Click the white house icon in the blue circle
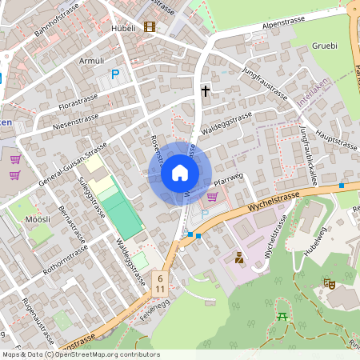180,173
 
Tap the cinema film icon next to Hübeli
149,26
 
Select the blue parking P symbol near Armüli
114,74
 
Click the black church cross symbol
205,90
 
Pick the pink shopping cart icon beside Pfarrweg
212,195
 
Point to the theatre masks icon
328,283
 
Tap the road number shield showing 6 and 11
161,282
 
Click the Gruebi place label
325,46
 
